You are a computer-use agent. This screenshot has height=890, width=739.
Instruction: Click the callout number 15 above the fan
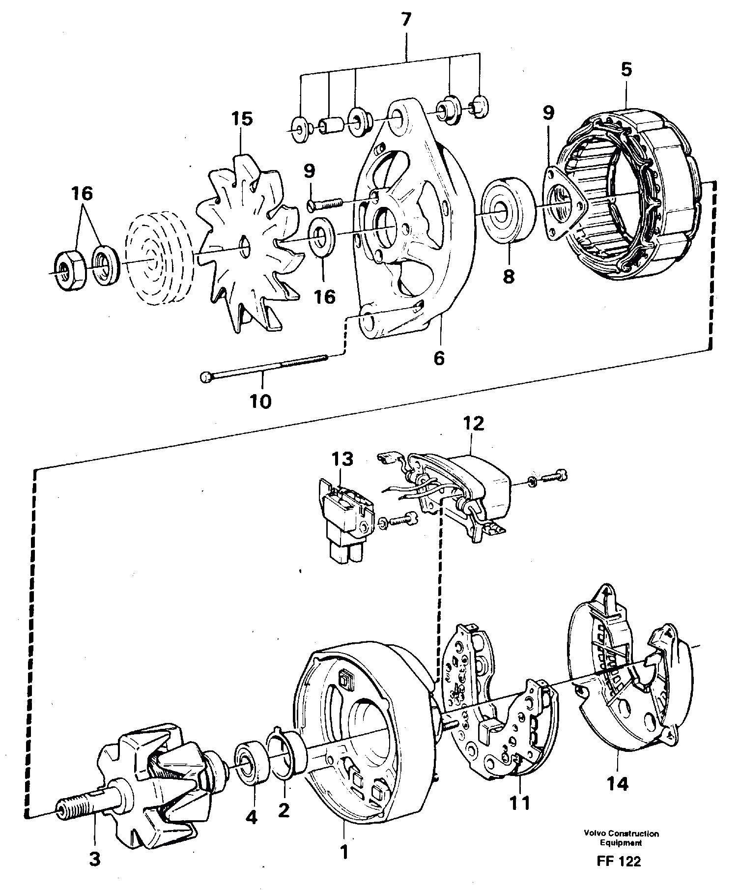[242, 119]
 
